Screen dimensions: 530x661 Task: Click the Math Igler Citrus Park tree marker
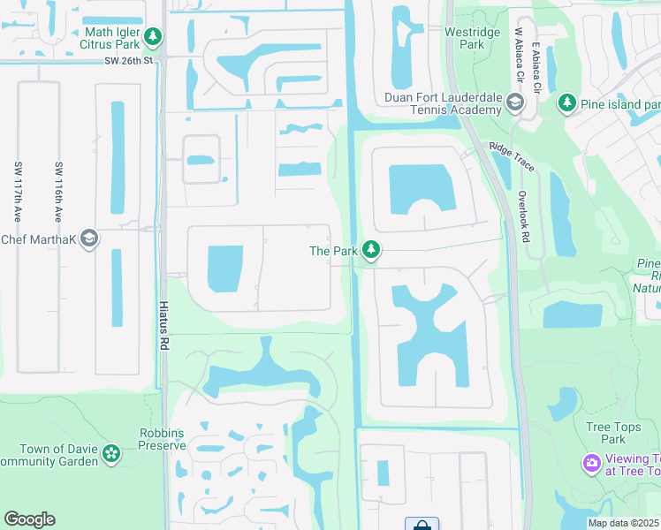(154, 36)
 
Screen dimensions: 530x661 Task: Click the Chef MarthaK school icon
(88, 238)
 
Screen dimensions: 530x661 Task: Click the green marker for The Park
(372, 251)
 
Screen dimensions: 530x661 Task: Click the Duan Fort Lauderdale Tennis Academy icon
(514, 104)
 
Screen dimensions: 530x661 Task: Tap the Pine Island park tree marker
(566, 103)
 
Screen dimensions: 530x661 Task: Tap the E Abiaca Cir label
(536, 66)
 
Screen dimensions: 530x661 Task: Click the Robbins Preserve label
(163, 439)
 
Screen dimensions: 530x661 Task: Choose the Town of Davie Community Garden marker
(110, 454)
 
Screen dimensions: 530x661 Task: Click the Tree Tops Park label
(612, 433)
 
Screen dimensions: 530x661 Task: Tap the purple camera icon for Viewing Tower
(590, 462)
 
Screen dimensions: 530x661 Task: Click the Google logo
(30, 519)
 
